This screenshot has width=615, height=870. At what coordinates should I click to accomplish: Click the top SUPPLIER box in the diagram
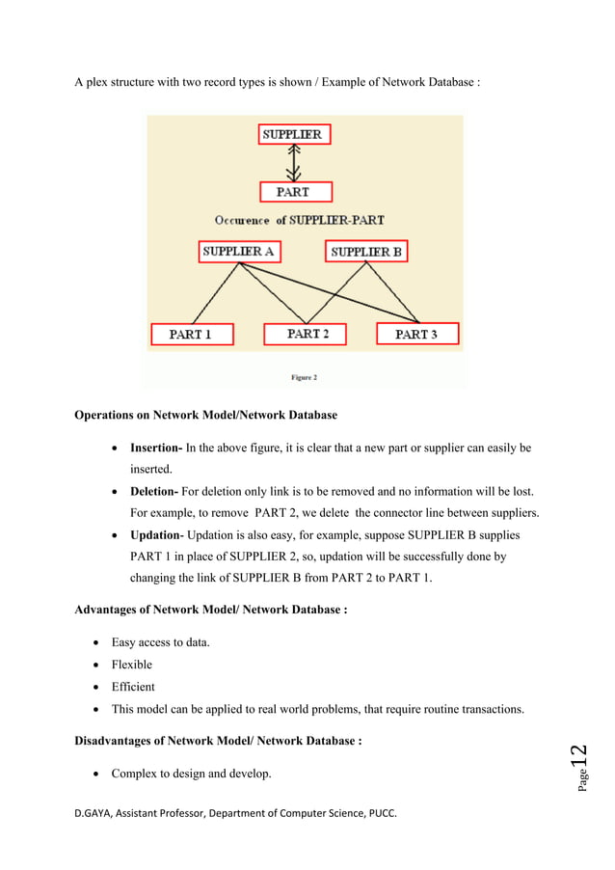click(x=294, y=134)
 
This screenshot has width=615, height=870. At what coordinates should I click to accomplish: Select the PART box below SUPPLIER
click(x=295, y=191)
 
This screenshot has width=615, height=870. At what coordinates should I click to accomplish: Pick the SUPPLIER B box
click(x=366, y=252)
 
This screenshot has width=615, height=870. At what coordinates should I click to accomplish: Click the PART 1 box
click(x=192, y=334)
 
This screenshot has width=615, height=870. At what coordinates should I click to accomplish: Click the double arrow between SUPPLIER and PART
click(x=295, y=163)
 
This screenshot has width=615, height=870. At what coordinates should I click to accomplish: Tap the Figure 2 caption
click(x=302, y=377)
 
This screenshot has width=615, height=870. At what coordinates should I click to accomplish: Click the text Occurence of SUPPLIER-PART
click(x=299, y=220)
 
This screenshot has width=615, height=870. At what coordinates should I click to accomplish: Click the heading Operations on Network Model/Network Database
click(x=205, y=416)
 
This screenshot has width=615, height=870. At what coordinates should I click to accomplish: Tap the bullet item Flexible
click(x=131, y=665)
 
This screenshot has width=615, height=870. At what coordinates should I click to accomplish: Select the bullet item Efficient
click(x=133, y=687)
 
